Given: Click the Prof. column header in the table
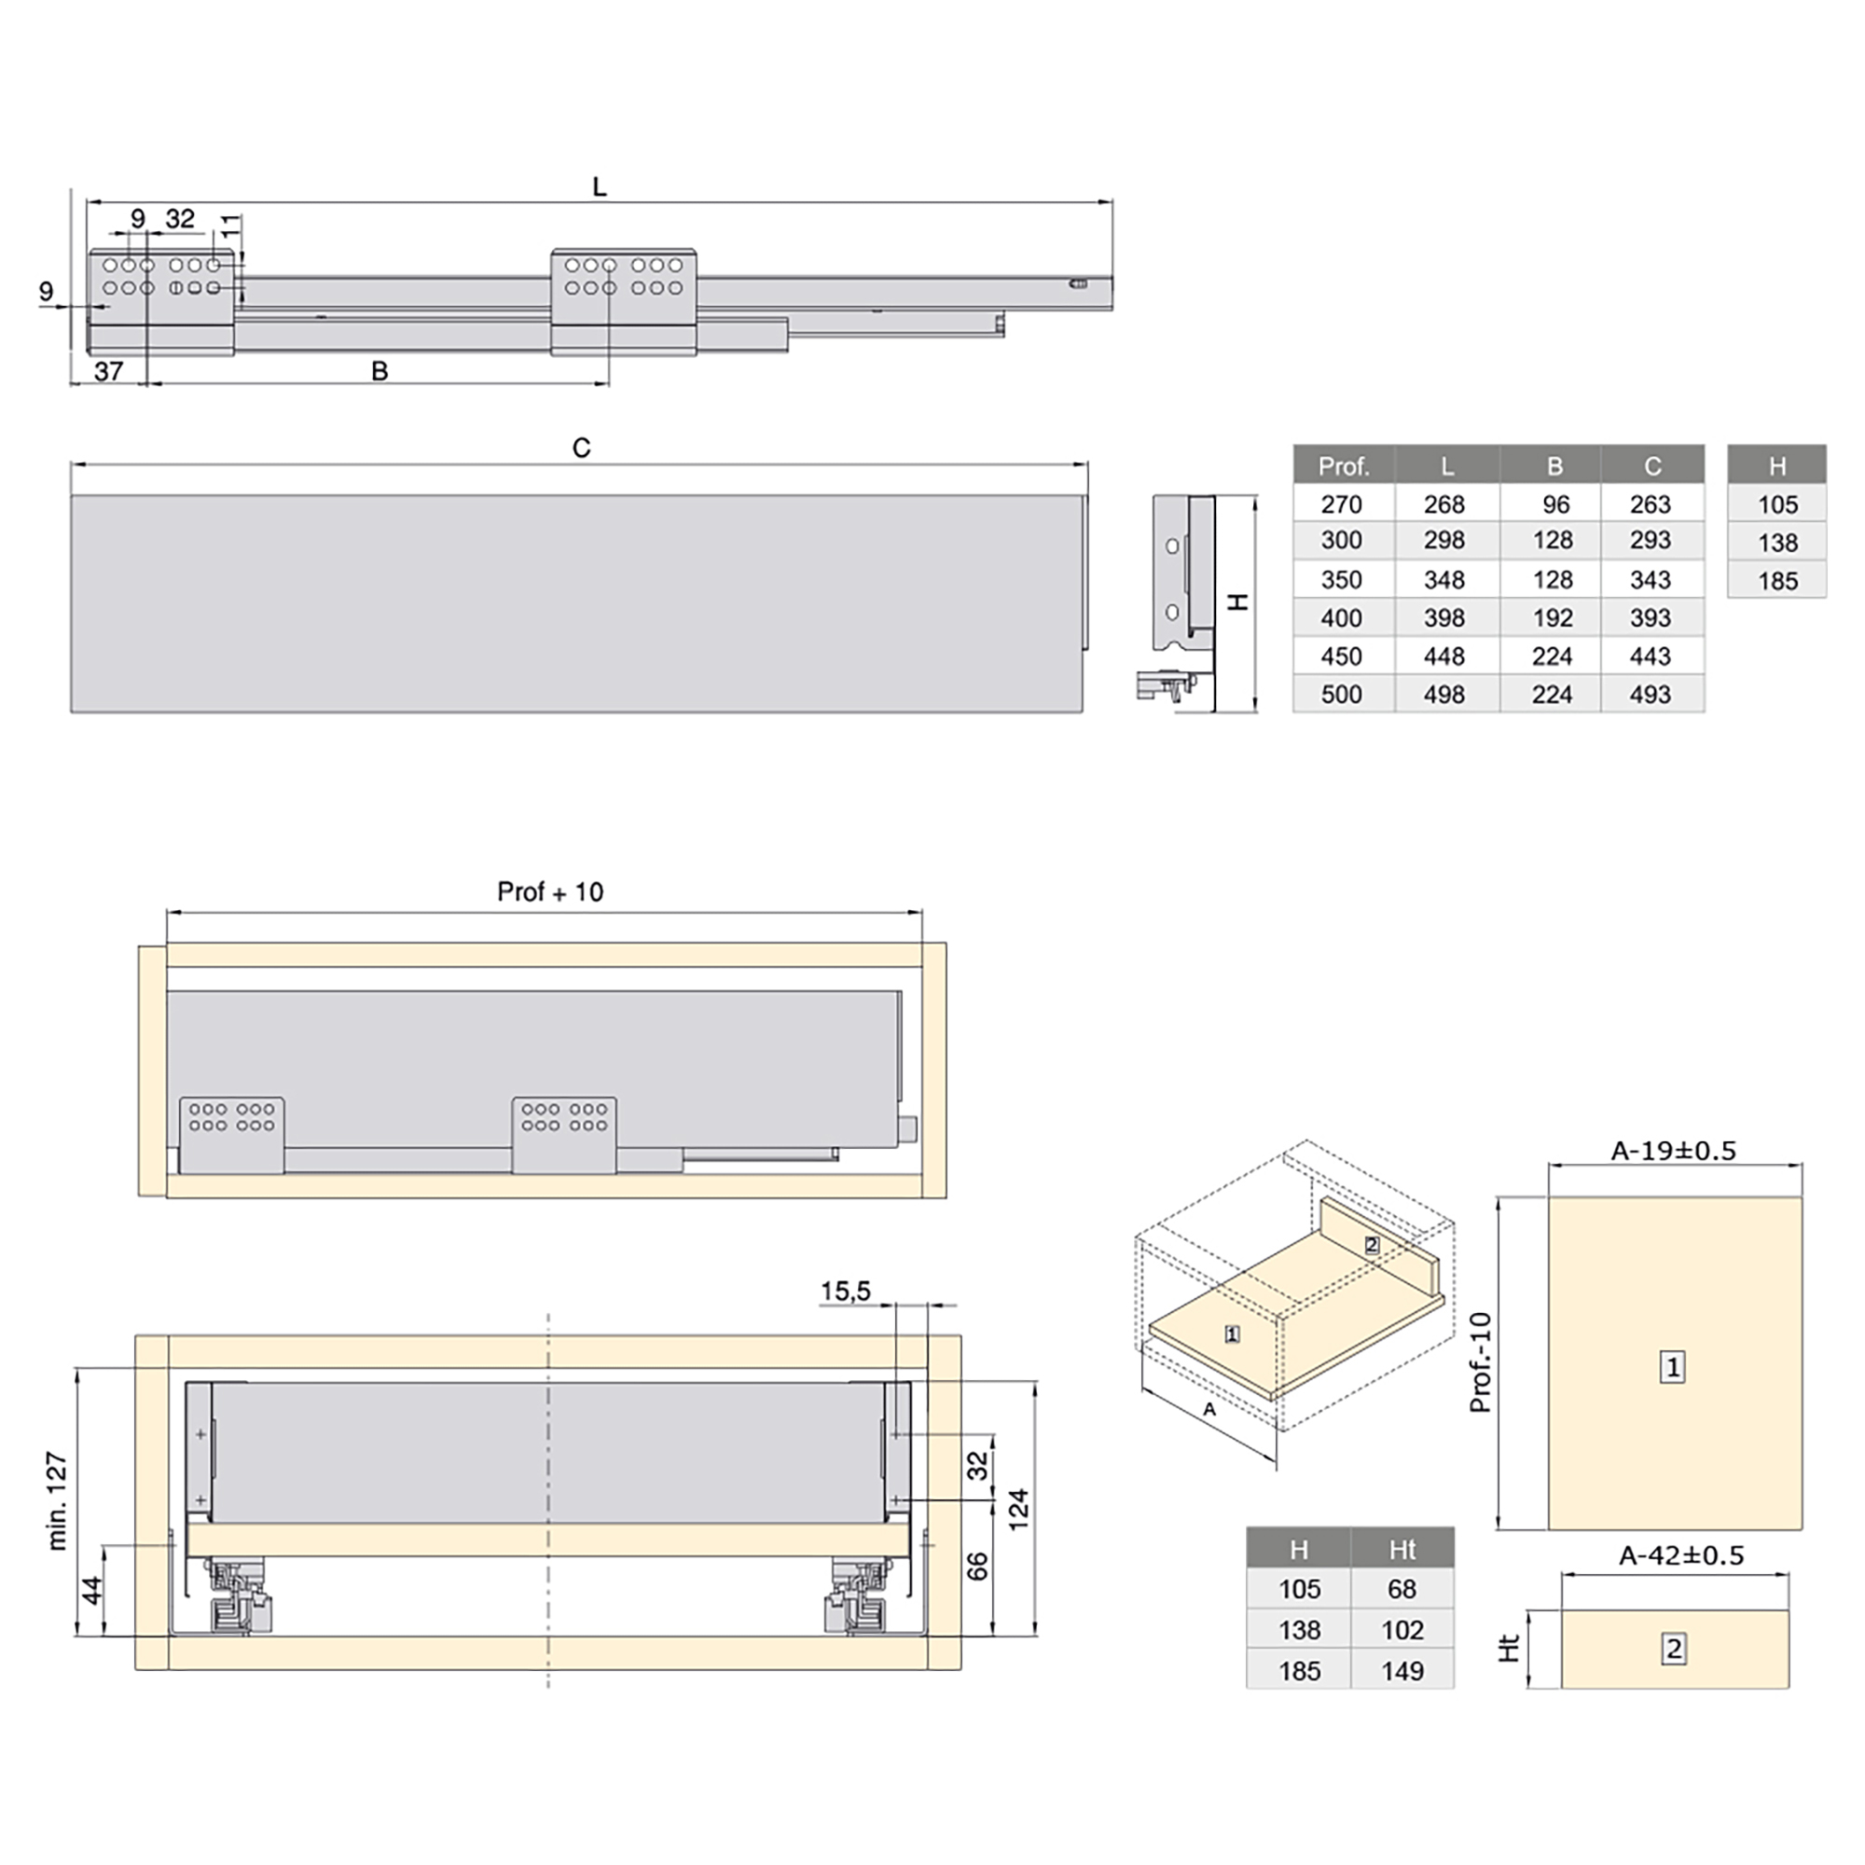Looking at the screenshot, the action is (1344, 466).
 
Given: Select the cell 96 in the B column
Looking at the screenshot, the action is (1555, 504).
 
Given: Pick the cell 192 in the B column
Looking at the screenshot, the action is (1553, 618).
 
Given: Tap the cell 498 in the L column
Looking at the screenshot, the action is (1444, 694).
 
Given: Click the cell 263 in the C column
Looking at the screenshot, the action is (1651, 504).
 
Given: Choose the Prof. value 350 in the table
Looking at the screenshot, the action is (1342, 580).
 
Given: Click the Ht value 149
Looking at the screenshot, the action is (1402, 1671).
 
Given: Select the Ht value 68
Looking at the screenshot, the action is (1402, 1589).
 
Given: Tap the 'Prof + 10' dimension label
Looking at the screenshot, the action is (550, 892).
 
